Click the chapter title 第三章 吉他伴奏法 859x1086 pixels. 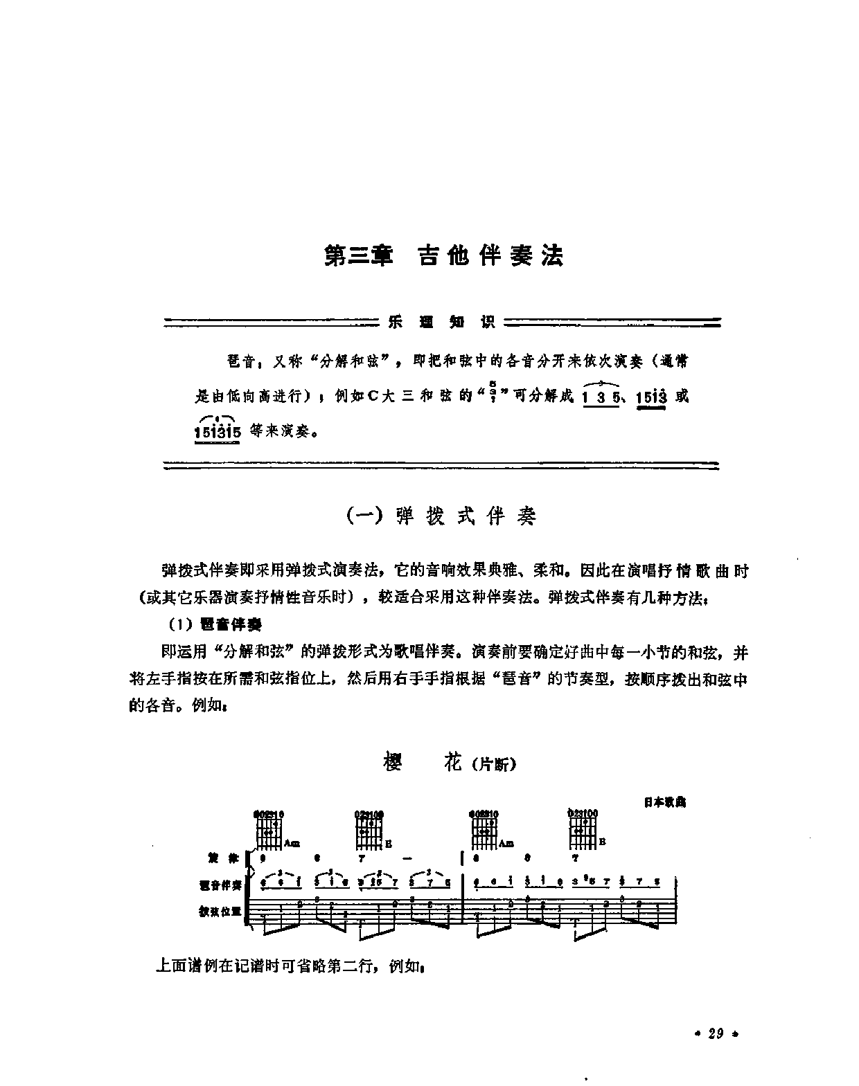click(444, 255)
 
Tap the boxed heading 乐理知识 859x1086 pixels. click(441, 322)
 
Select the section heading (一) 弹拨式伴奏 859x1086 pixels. click(441, 516)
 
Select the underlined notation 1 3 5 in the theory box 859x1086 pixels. click(600, 397)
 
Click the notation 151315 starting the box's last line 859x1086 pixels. click(218, 433)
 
